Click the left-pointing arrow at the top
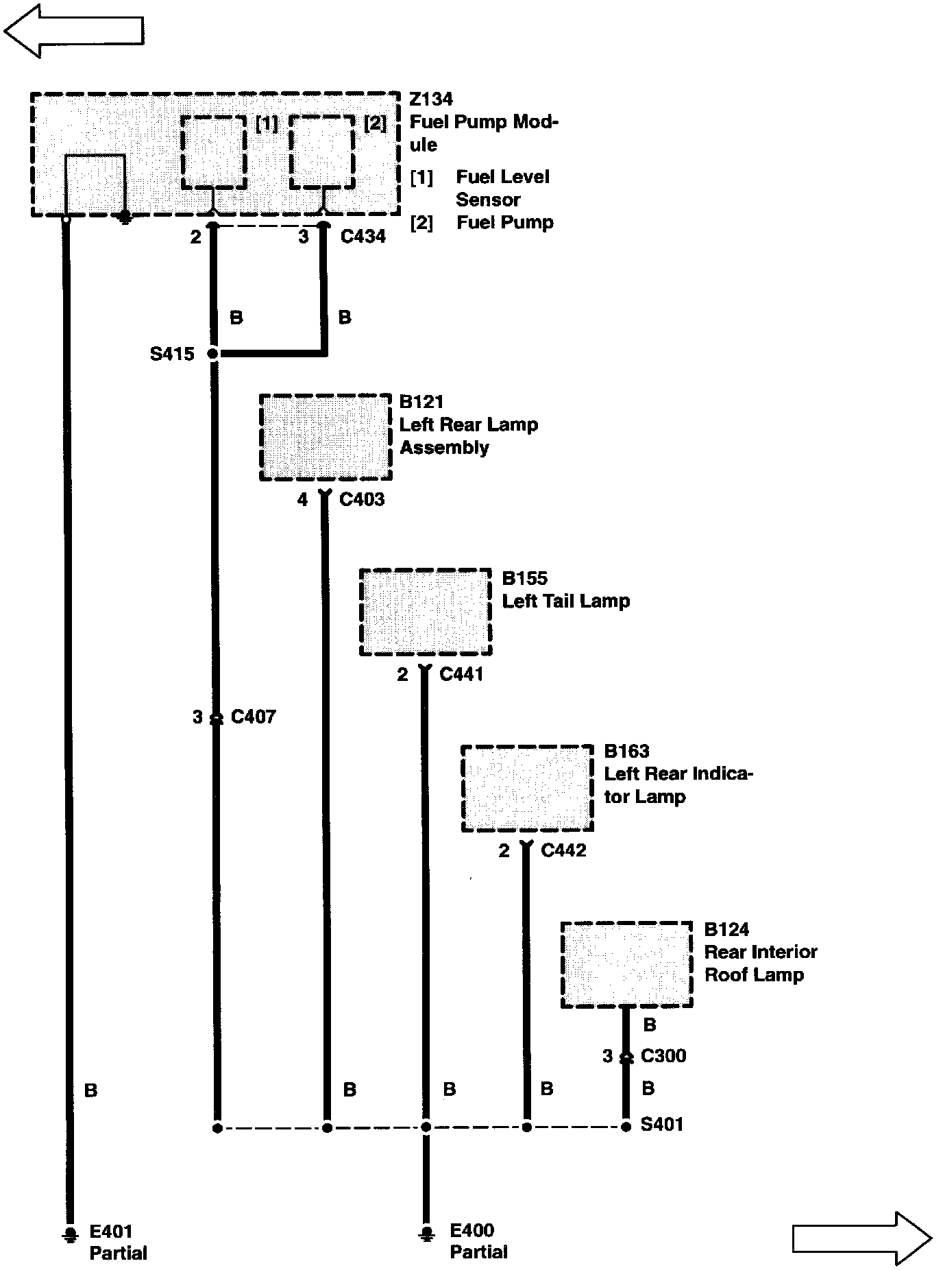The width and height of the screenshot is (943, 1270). point(74,30)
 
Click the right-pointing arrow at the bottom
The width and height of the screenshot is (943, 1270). point(861,1238)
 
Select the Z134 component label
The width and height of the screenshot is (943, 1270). point(431,99)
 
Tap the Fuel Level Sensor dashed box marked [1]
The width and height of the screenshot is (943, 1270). point(214,152)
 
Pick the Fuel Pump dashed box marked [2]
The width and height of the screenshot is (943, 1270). point(322,152)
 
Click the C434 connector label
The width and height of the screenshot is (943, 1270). point(363,237)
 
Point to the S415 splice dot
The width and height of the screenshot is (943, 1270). point(213,354)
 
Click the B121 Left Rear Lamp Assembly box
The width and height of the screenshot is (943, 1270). point(326,438)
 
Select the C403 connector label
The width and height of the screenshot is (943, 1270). point(362,499)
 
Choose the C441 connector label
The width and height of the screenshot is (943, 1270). point(461,674)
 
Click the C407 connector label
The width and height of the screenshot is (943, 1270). point(253,717)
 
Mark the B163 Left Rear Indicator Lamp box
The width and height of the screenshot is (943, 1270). point(527,788)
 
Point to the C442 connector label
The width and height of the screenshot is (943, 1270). point(563,850)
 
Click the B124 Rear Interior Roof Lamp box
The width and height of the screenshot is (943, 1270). point(626,965)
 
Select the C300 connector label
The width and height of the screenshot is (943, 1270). point(663,1056)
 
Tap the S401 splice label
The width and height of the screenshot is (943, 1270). point(661,1125)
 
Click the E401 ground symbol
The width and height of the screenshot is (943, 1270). point(69,1234)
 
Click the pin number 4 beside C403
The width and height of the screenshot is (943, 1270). point(302,500)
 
